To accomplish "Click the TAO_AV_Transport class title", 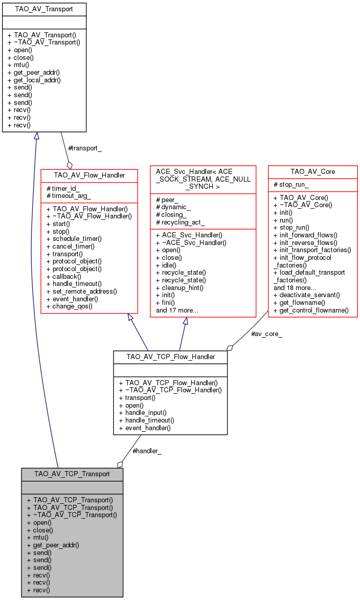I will (x=43, y=9).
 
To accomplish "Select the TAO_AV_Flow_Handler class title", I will (x=89, y=175).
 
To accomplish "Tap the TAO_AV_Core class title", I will (x=312, y=171).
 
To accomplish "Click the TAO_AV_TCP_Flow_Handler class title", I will (x=170, y=357).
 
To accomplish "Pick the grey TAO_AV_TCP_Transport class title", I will (x=72, y=474).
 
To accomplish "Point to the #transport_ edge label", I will (x=85, y=148).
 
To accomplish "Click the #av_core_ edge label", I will (x=266, y=334).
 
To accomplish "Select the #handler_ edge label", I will (x=147, y=451).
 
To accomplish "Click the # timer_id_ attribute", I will (x=63, y=189).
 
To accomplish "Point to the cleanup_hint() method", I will (x=179, y=287).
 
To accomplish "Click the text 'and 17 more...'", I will (x=177, y=310).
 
